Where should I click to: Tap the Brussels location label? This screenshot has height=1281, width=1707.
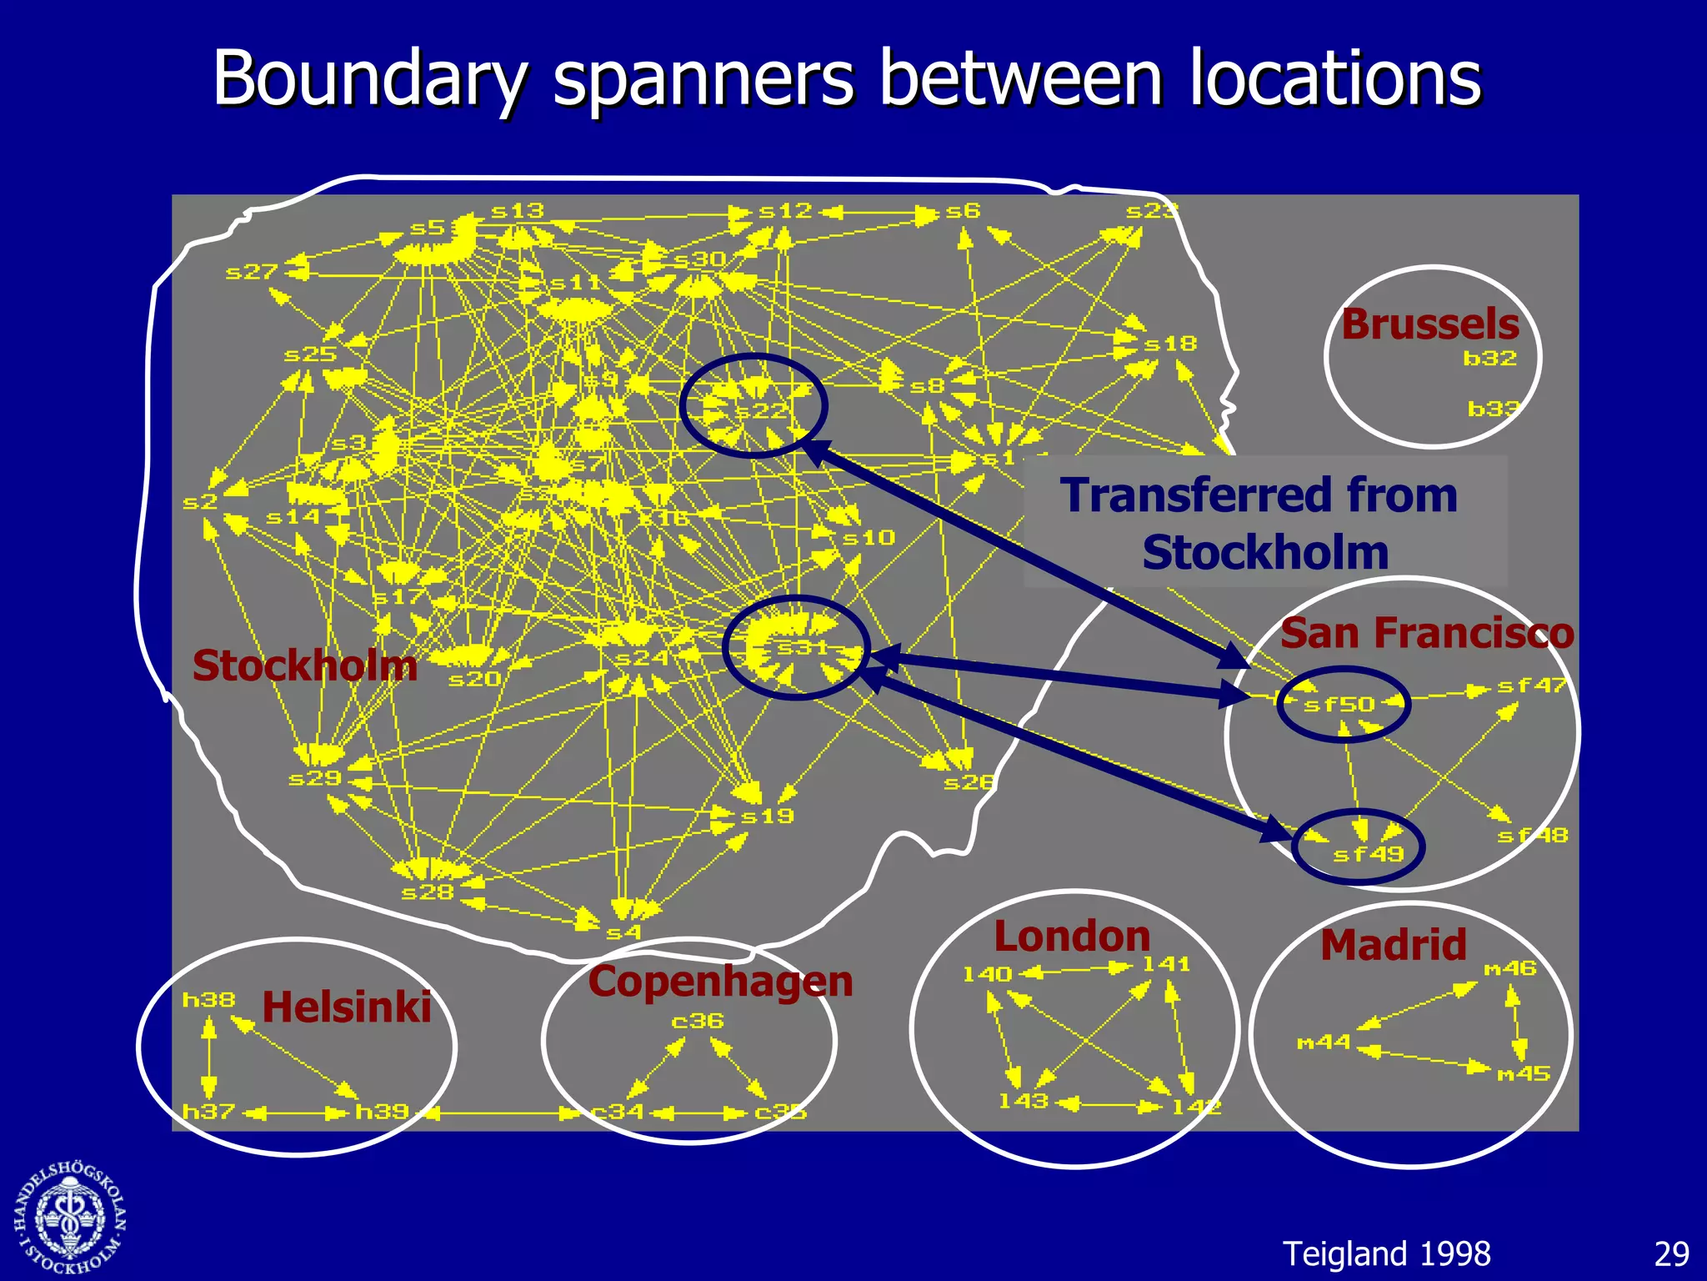pos(1430,324)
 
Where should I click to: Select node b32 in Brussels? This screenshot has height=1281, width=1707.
pos(1489,359)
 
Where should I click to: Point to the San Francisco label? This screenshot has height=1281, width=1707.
pos(1427,633)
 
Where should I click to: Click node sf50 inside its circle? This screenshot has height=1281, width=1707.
pos(1339,705)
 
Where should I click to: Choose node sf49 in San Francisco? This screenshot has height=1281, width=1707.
pos(1368,854)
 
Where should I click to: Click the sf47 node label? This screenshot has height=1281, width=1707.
pos(1531,686)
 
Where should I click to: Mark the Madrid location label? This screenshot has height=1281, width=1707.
pos(1394,945)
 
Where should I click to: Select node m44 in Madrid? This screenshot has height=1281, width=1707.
pos(1324,1042)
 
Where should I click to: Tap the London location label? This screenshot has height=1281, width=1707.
pos(1072,937)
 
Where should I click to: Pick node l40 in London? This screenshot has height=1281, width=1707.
pos(987,974)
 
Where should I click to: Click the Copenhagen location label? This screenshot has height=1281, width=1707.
pos(720,982)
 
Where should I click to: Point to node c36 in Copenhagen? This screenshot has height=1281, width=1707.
pos(698,1022)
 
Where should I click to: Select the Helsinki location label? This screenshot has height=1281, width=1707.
pos(347,1007)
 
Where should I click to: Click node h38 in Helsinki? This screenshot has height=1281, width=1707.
pos(209,1000)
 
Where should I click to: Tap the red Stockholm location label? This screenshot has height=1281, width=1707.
pos(304,666)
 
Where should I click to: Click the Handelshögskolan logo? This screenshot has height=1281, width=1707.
pos(71,1218)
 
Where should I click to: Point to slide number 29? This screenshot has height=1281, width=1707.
pos(1671,1254)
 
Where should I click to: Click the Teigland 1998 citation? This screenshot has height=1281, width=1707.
pos(1386,1254)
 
